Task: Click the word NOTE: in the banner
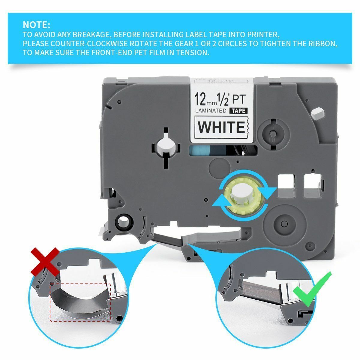37,24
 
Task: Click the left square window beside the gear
286,186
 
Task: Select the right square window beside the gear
312,186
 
